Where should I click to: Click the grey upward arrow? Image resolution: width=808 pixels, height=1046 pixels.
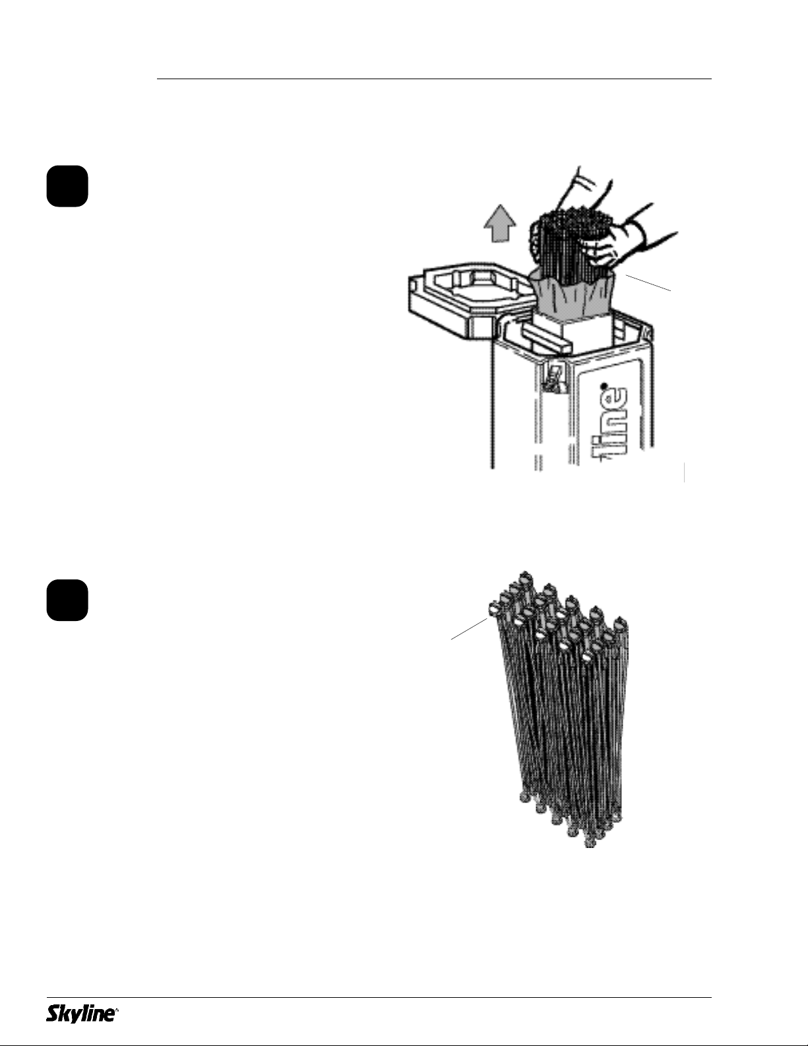pyautogui.click(x=500, y=223)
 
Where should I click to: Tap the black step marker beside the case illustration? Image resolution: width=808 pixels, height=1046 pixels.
pyautogui.click(x=67, y=186)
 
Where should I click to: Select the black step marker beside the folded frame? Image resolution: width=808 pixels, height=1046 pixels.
pyautogui.click(x=67, y=601)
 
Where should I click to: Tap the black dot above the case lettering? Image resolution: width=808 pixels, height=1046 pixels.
pyautogui.click(x=606, y=386)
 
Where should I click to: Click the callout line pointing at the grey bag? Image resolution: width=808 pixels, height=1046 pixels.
pyautogui.click(x=648, y=282)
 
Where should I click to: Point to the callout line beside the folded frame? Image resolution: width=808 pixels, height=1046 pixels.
pyautogui.click(x=470, y=629)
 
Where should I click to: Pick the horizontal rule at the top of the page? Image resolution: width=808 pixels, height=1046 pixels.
pyautogui.click(x=434, y=79)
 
